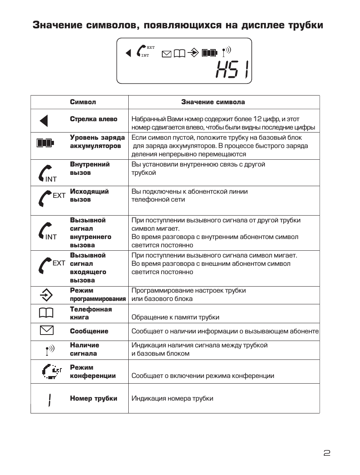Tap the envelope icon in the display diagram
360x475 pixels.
pyautogui.click(x=166, y=54)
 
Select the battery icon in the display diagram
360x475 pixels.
pyautogui.click(x=210, y=53)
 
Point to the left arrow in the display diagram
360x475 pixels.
pyautogui.click(x=128, y=53)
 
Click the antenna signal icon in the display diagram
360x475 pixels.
pyautogui.click(x=226, y=51)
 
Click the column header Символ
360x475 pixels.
pyautogui.click(x=83, y=102)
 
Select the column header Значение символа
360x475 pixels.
pyautogui.click(x=213, y=102)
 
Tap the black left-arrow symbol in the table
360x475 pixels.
pyautogui.click(x=44, y=121)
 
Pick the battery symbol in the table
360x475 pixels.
pyautogui.click(x=45, y=143)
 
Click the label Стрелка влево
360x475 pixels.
pyautogui.click(x=94, y=119)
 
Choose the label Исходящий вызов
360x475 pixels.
pyautogui.click(x=89, y=196)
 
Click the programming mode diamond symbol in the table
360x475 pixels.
pyautogui.click(x=46, y=295)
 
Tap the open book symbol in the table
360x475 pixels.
pyautogui.click(x=46, y=313)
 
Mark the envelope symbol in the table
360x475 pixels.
pyautogui.click(x=46, y=330)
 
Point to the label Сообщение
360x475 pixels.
pyautogui.click(x=89, y=331)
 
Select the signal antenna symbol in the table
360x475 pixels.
pyautogui.click(x=49, y=350)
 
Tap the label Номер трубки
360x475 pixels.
pyautogui.click(x=94, y=398)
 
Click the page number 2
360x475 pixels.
pyautogui.click(x=327, y=453)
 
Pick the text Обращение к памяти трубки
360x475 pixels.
pyautogui.click(x=175, y=317)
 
